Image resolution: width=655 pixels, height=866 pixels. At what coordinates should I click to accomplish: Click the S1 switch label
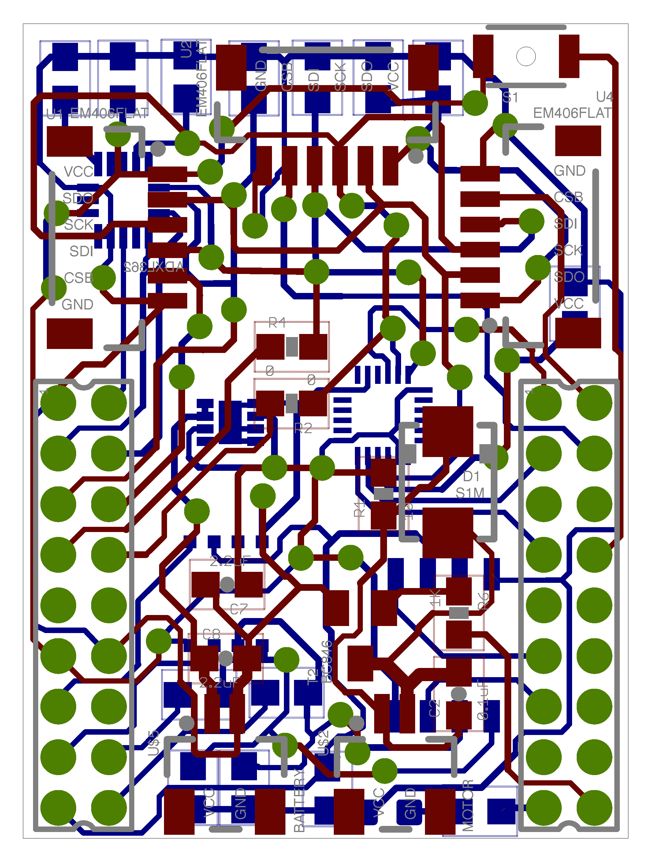(x=510, y=97)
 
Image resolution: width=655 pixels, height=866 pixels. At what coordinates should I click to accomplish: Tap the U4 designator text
(x=604, y=96)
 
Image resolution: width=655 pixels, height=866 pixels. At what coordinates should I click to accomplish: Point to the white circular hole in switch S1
(x=526, y=56)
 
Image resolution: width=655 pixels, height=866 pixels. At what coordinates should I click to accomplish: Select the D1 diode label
(x=471, y=476)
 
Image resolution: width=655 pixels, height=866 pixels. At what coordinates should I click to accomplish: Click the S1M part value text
(x=470, y=493)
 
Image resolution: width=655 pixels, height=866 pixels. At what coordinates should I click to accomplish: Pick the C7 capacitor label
(x=238, y=609)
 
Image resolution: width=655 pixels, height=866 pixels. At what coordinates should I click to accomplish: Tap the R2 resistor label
(x=303, y=428)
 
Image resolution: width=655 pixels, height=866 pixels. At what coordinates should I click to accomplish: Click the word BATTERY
(x=299, y=800)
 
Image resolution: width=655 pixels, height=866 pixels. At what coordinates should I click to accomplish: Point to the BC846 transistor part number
(x=327, y=661)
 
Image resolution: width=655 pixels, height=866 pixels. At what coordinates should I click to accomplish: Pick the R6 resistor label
(x=484, y=601)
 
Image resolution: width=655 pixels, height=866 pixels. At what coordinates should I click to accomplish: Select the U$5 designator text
(x=154, y=742)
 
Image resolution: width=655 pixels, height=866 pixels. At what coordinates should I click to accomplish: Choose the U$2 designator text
(x=323, y=742)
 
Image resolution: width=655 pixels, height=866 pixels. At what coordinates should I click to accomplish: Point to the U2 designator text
(x=187, y=49)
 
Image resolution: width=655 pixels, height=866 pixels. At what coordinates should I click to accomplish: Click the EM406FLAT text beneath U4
(x=572, y=113)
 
